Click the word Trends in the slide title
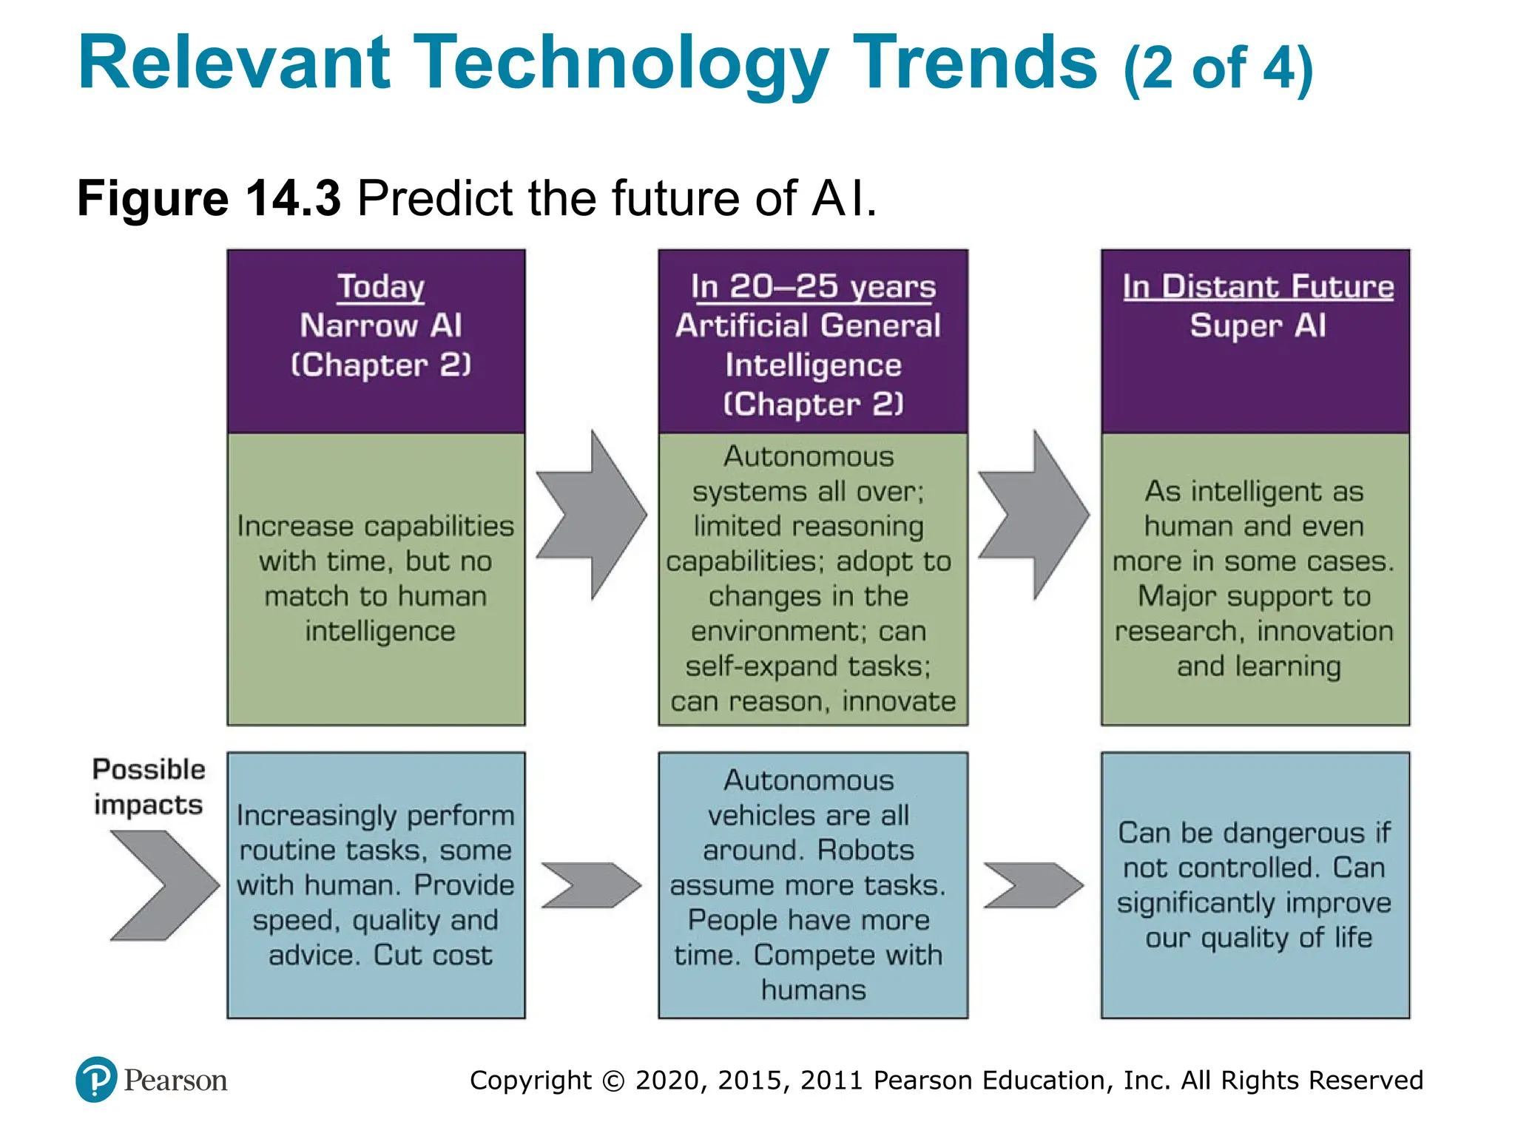click(x=974, y=63)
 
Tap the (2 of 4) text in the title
click(x=1218, y=69)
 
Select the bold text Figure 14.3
click(x=209, y=198)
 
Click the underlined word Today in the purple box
click(x=381, y=286)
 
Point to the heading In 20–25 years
click(x=813, y=287)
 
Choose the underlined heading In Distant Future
click(x=1258, y=286)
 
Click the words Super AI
click(x=1258, y=325)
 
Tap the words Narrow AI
click(x=381, y=325)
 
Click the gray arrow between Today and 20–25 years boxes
click(x=592, y=515)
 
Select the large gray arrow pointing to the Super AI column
click(x=1034, y=515)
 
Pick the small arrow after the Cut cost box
click(x=590, y=885)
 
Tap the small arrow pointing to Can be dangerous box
click(x=1033, y=885)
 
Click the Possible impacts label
click(x=148, y=787)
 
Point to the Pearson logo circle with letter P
click(x=96, y=1080)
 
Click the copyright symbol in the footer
click(x=613, y=1081)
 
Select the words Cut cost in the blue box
click(x=432, y=955)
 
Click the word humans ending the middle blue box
click(x=813, y=990)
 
